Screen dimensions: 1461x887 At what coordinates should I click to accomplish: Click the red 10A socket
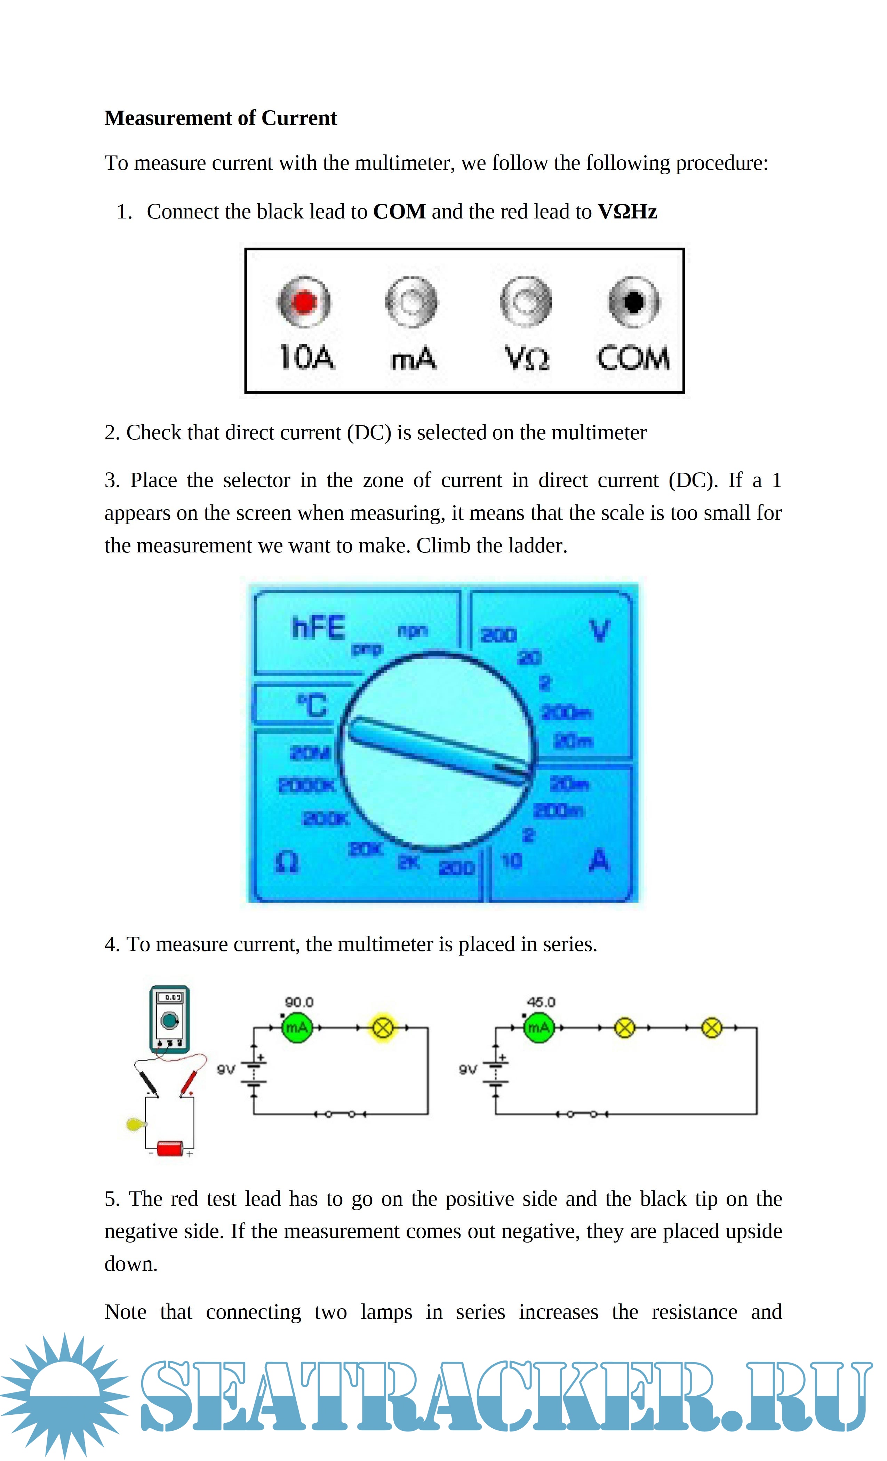(304, 302)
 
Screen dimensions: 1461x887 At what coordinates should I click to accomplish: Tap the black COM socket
(633, 302)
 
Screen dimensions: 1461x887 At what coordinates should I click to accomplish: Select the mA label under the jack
(413, 359)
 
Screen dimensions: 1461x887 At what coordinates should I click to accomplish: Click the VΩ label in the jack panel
(527, 358)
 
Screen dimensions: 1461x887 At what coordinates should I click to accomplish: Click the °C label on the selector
(312, 705)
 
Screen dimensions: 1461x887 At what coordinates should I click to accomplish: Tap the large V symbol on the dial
(599, 631)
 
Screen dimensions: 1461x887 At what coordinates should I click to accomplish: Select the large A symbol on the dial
(599, 860)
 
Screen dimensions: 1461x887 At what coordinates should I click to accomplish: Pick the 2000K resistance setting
(306, 786)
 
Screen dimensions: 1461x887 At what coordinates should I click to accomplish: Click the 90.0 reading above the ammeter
(299, 1002)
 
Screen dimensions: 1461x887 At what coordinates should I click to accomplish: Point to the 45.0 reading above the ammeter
(541, 1002)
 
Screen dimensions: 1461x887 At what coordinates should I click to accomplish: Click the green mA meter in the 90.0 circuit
(296, 1028)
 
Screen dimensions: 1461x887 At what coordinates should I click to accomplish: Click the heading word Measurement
(168, 118)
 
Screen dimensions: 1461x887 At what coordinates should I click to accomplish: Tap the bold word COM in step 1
(399, 212)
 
